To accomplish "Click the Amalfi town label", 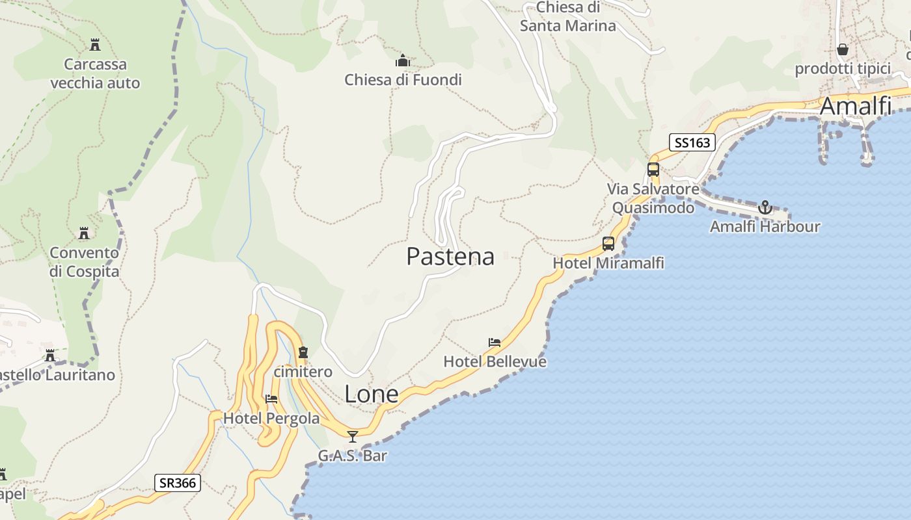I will pos(855,106).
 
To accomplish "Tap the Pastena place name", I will pos(450,256).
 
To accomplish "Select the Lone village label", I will pos(371,394).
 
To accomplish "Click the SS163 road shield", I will pos(692,142).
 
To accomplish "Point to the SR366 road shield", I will pos(178,483).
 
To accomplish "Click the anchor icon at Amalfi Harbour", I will pos(765,207).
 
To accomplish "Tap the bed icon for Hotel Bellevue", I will pos(495,343).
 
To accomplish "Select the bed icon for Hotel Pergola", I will pos(271,398).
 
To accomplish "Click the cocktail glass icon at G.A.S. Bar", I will pos(353,436).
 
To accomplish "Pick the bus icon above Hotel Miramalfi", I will pos(608,244).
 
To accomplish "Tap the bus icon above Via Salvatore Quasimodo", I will pos(653,170).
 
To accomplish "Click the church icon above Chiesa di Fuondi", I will pos(403,61).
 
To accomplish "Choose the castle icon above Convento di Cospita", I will pos(84,233).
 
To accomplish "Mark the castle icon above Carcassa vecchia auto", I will pos(95,45).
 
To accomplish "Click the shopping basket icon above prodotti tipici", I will pos(843,49).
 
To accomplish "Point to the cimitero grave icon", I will pos(303,353).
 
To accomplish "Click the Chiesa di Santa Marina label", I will pos(567,17).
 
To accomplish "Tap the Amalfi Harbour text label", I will pos(765,227).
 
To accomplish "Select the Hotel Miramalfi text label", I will pos(608,263).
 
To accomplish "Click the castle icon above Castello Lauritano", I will pos(50,356).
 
